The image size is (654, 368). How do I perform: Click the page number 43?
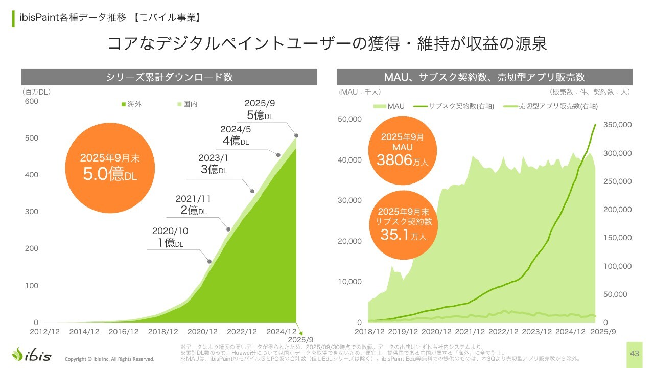pos(635,354)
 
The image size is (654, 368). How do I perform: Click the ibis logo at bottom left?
pos(32,354)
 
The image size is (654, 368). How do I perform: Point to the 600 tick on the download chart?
pos(32,101)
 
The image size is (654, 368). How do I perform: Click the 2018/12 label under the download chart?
pos(163,331)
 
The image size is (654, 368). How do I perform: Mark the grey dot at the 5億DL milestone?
pos(296,136)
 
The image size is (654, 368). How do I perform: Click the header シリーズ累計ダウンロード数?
pos(169,77)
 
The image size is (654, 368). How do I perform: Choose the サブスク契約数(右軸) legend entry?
pos(454,106)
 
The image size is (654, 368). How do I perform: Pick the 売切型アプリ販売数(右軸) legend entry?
pos(550,106)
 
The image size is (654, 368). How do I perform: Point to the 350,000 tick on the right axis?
pos(618,125)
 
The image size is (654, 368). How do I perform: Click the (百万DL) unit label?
pos(36,92)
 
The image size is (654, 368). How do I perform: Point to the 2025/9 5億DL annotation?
pos(260,109)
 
